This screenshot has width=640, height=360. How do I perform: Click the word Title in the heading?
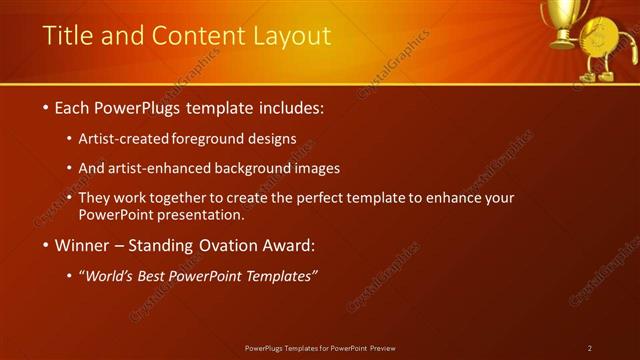coord(67,37)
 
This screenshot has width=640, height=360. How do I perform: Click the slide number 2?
coord(590,348)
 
